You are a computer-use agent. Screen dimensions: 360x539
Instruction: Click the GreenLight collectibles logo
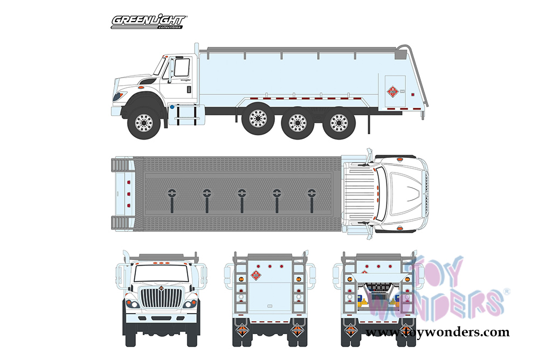point(148,22)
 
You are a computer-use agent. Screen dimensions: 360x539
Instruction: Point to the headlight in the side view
point(119,96)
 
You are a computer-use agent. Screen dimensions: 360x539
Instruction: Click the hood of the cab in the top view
point(402,193)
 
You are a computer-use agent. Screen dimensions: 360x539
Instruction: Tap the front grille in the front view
point(162,299)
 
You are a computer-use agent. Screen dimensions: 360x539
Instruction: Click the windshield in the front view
point(161,273)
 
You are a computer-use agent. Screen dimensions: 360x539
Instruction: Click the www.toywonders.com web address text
point(437,333)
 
